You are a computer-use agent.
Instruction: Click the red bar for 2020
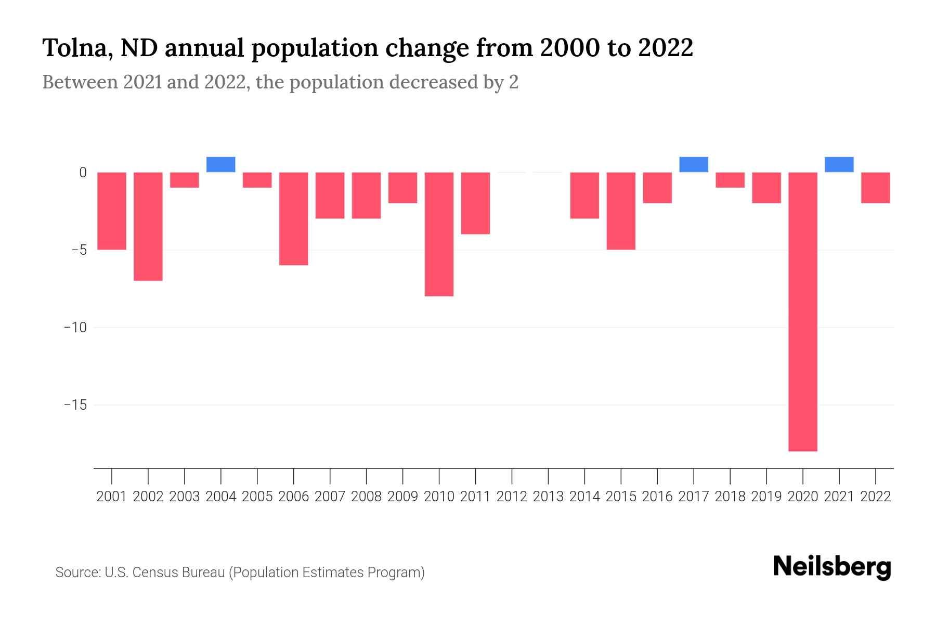click(802, 312)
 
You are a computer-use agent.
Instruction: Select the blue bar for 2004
click(221, 164)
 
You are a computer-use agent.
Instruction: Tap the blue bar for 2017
click(694, 164)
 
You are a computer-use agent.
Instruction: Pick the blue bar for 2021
click(839, 164)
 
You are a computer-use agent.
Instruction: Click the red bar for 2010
click(439, 234)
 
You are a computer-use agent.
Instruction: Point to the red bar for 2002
click(148, 226)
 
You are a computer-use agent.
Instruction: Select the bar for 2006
click(294, 218)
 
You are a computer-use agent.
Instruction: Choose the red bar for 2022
click(875, 188)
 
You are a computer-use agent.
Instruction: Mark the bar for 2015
click(621, 211)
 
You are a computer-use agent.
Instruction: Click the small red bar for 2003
click(185, 180)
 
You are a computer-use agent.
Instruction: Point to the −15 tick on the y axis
click(75, 405)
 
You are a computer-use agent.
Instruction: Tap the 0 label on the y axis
click(83, 173)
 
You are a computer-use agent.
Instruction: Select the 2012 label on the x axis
click(512, 497)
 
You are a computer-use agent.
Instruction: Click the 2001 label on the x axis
click(112, 497)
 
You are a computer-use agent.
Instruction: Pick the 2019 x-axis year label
click(766, 497)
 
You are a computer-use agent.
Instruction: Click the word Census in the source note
click(151, 573)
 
